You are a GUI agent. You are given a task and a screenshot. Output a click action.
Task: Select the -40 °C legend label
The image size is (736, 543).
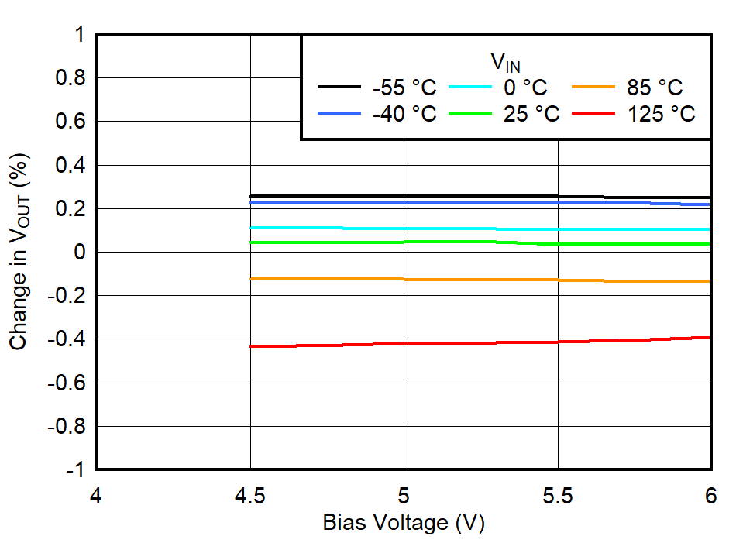[x=404, y=114]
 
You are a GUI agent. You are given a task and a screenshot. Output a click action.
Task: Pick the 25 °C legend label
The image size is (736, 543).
[x=531, y=114]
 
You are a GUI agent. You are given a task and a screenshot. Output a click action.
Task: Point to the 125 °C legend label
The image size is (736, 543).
[x=660, y=114]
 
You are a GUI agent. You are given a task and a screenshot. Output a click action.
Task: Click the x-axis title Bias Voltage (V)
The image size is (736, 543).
[x=403, y=523]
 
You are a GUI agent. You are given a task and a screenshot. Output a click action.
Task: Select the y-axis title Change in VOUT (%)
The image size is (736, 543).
[x=21, y=252]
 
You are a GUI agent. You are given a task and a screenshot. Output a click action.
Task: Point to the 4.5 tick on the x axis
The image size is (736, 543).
[x=249, y=494]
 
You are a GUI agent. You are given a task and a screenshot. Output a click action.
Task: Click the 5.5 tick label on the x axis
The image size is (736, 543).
[x=557, y=494]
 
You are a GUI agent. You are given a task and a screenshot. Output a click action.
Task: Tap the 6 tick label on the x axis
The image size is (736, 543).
[x=710, y=494]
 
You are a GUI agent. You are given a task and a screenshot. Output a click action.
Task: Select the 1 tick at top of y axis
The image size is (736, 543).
[x=79, y=36]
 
